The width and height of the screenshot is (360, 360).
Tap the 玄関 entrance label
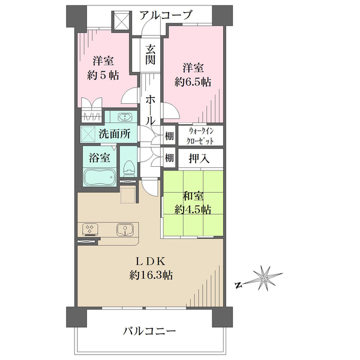(150, 55)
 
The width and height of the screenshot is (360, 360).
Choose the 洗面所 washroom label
(116, 134)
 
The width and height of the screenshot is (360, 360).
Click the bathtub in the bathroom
(100, 179)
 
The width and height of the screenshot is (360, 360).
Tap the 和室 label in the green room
(193, 195)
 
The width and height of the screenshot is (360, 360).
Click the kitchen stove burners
(89, 229)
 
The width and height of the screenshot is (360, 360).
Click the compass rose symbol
(264, 278)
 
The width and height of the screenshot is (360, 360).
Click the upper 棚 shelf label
(169, 135)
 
